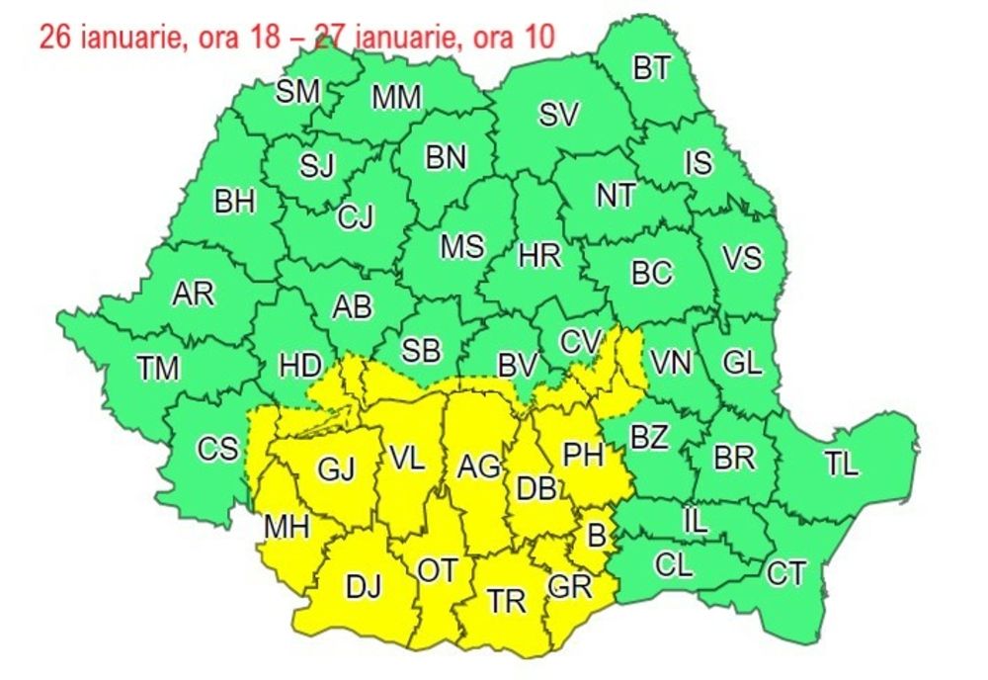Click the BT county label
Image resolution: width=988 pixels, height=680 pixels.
[x=651, y=68]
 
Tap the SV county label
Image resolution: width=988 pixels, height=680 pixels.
[x=558, y=114]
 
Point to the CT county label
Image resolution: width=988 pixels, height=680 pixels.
[x=786, y=573]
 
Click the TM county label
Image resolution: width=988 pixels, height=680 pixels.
[x=158, y=369]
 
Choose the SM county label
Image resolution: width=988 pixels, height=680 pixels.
[x=297, y=92]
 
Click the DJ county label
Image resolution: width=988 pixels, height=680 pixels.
[x=364, y=587]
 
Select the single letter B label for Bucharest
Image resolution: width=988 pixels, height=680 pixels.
[x=595, y=535]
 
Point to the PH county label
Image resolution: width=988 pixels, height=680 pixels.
[x=583, y=454]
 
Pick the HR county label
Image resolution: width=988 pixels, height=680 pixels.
[x=539, y=256]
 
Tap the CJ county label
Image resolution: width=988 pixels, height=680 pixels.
[x=356, y=217]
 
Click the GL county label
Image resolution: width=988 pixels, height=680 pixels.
[x=742, y=363]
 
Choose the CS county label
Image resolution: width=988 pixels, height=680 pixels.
[x=217, y=450]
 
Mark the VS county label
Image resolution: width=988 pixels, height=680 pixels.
[x=742, y=258]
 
